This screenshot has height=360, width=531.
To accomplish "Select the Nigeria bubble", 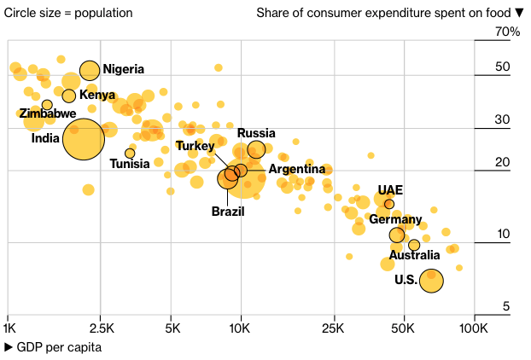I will pos(90,71).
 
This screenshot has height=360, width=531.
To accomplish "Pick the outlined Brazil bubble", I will pos(228,178).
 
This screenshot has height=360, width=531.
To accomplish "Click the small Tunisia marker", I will pos(130,154).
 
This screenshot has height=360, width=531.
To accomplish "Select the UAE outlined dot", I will pos(389,204).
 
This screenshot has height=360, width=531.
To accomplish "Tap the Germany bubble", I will pos(397,235).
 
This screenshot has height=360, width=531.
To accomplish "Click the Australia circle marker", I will pos(414,246).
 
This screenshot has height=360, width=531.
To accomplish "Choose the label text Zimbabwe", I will pos(48,113).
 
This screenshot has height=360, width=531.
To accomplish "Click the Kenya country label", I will pos(97,95).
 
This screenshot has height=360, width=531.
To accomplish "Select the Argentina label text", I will pos(296,170).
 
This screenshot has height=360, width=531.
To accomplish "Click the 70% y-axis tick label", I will pos(507,32).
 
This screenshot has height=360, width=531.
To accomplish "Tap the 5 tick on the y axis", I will pos(506,306).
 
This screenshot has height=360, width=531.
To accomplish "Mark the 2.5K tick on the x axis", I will pos(102,328).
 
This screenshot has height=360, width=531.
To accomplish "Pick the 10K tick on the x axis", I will pos(241,328).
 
